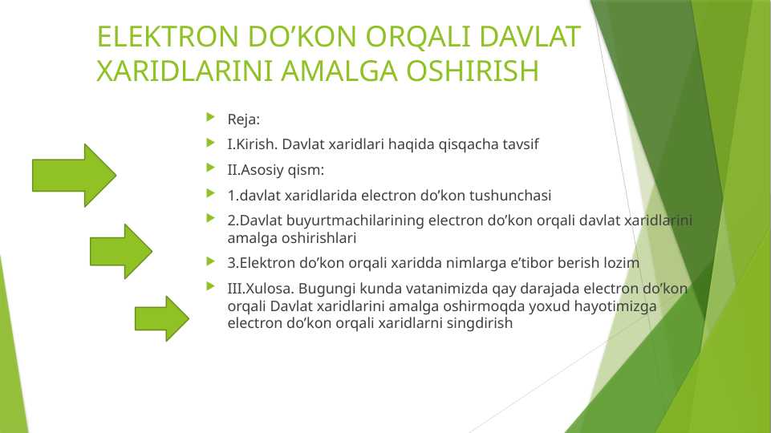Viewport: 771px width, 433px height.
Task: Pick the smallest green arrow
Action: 161,318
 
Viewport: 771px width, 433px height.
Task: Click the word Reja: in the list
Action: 244,120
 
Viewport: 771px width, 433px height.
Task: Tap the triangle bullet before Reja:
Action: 211,119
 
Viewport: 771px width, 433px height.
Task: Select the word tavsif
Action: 519,145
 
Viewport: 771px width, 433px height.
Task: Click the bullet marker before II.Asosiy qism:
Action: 211,169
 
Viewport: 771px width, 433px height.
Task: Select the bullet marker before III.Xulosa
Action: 211,287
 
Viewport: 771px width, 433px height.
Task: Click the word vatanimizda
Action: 434,288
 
